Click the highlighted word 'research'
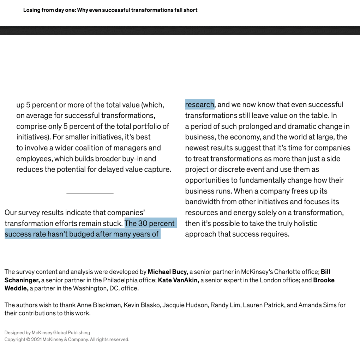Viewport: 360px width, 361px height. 199,104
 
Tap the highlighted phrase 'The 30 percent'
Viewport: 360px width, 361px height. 150,224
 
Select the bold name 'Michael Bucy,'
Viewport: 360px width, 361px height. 168,272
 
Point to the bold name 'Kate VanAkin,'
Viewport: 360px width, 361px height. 179,280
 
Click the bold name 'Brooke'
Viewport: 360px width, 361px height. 324,280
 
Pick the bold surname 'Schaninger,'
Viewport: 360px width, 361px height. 22,280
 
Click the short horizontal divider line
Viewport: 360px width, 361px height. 90,193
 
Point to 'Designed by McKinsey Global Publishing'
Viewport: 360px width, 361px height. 47,332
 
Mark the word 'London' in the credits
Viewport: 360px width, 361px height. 259,280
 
